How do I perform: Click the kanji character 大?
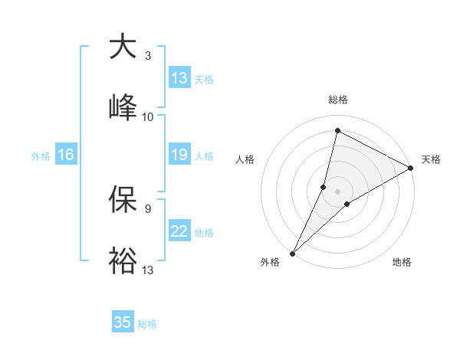point(123,47)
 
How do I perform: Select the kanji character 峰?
point(123,106)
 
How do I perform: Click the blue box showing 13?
point(179,78)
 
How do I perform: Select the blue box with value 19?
point(179,155)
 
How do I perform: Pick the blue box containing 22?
point(179,231)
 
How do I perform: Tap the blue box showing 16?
point(66,155)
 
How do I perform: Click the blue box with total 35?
point(123,322)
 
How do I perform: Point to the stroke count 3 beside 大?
point(148,56)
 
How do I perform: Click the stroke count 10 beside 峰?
point(148,116)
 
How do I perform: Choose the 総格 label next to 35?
point(147,324)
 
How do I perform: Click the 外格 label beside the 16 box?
point(41,155)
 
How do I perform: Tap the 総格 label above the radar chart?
point(338,100)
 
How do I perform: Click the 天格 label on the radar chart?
point(431,159)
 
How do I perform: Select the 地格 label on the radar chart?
point(402,263)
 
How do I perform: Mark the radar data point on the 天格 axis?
point(411,168)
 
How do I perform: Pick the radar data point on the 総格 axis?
point(337,130)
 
